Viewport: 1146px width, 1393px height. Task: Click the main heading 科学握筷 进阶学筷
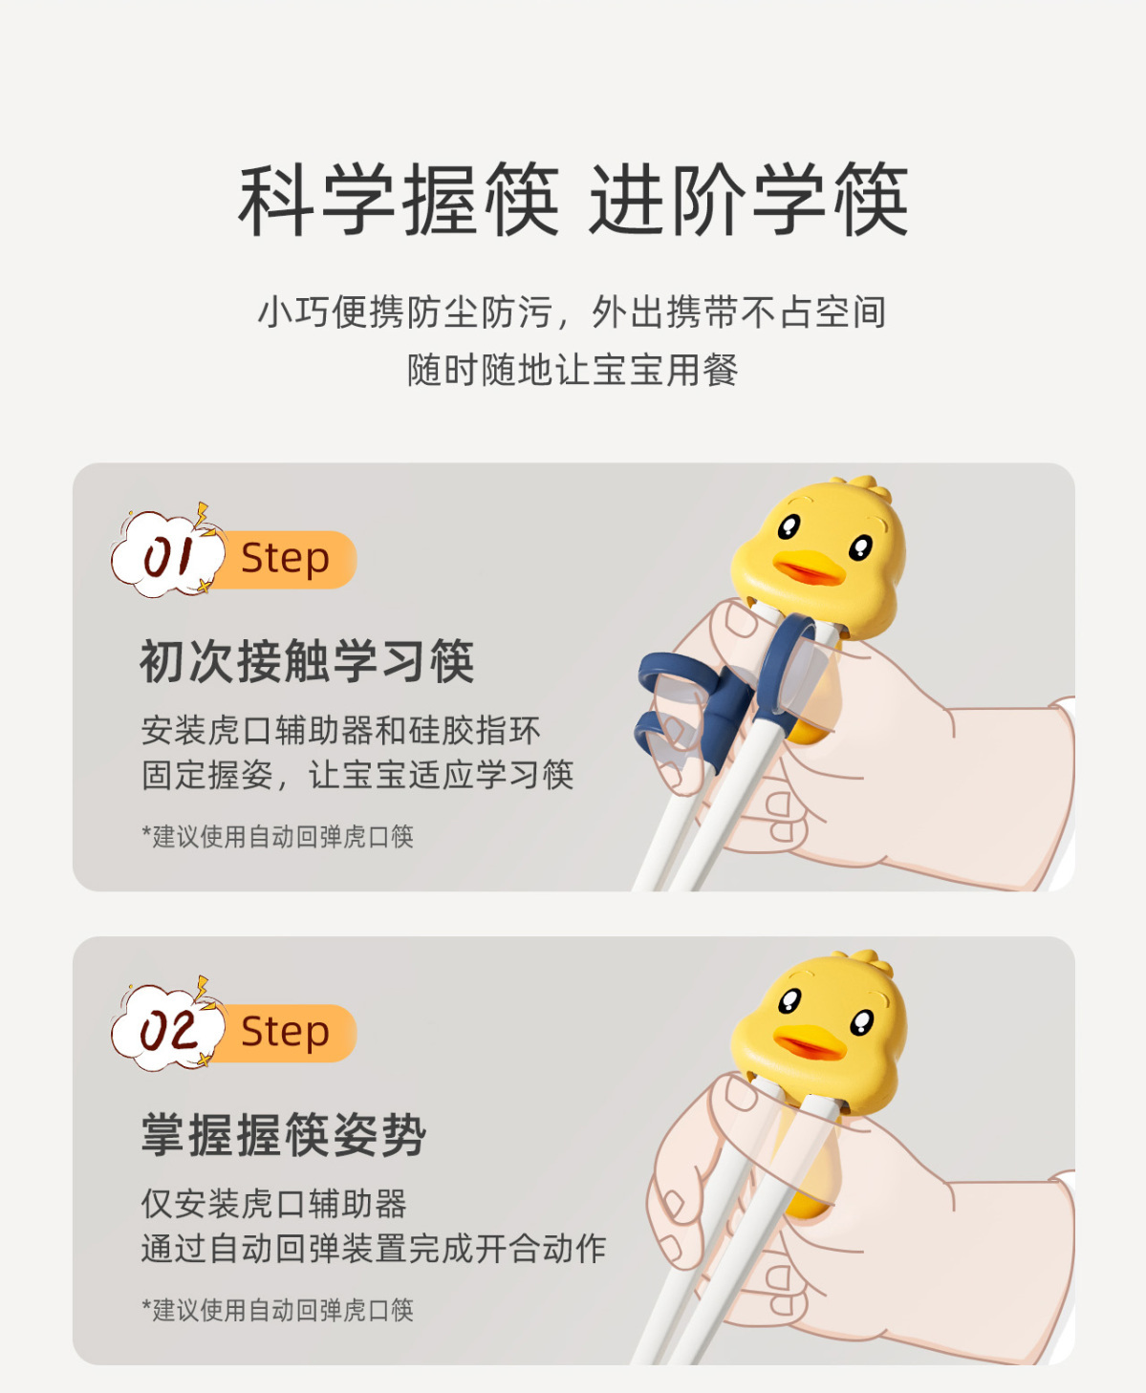pos(573,200)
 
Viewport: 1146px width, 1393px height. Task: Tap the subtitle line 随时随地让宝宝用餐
pos(573,370)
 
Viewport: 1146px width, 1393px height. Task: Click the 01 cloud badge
pos(166,553)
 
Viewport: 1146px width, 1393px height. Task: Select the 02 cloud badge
pos(166,1026)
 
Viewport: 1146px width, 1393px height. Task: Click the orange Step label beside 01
pos(286,560)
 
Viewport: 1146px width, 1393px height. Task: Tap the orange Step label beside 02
pos(286,1033)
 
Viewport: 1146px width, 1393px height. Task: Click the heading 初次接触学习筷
pos(308,661)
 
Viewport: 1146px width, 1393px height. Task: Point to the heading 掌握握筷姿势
pos(283,1135)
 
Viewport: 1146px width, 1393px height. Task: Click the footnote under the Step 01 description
pos(277,836)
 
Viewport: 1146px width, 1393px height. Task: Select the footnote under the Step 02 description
pos(277,1310)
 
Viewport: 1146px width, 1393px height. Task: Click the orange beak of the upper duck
pos(810,568)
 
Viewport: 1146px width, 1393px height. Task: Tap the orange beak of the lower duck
pos(810,1041)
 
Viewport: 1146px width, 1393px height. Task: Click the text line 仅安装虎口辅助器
pos(273,1204)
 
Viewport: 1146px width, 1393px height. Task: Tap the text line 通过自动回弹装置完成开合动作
pos(374,1249)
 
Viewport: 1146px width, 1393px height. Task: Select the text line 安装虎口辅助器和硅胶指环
pos(341,731)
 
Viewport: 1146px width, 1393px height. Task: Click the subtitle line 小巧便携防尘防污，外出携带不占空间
pos(573,312)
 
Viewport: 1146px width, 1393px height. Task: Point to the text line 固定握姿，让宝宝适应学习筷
pos(357,775)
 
